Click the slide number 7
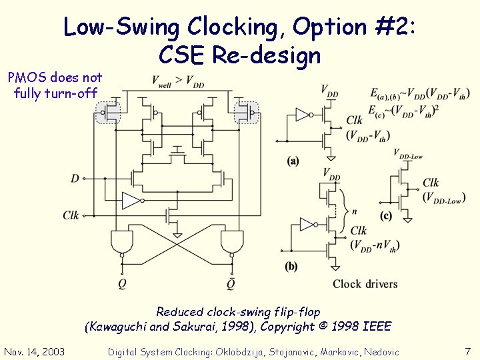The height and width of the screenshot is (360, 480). pos(467,351)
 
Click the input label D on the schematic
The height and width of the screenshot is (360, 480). pos(75,178)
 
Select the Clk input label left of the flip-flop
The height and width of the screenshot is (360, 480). pos(71,215)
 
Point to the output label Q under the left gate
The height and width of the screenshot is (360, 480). pos(123,282)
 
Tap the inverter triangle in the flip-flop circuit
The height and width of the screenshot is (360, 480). pos(131,201)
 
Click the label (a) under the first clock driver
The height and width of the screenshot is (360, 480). pos(293,161)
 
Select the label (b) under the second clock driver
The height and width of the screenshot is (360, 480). pos(291,266)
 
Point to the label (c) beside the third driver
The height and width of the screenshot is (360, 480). pos(386,215)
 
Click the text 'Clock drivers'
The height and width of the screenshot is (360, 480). pos(365,284)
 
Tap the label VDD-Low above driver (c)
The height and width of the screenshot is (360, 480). pos(408,155)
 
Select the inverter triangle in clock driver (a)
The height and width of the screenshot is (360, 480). pos(302,115)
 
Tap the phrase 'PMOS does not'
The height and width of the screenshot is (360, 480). pos(55,78)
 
